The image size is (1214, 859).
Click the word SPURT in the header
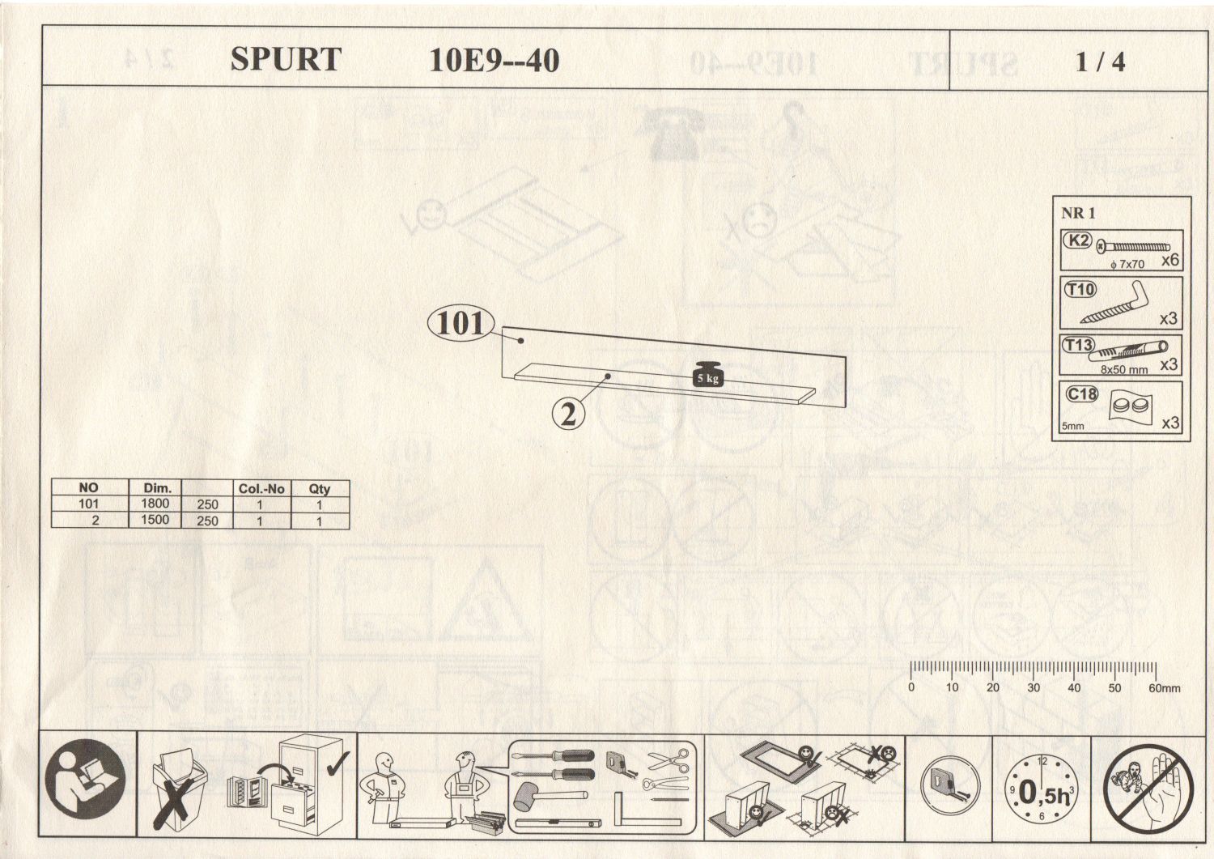286,59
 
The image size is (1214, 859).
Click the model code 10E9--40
494,61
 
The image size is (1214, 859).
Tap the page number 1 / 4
1100,62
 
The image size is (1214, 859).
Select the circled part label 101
460,324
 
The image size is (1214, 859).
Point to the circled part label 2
569,414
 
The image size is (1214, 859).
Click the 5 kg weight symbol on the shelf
707,373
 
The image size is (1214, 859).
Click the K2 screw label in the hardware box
1078,240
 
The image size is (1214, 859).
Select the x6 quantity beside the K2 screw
1169,261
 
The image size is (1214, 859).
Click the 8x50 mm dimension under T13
1123,369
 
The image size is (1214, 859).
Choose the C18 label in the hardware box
1081,394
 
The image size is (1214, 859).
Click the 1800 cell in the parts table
155,504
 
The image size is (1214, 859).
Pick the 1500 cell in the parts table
155,520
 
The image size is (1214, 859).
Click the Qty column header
319,488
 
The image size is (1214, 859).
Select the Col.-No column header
261,488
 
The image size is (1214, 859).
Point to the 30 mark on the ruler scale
1034,687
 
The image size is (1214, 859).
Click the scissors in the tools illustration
669,760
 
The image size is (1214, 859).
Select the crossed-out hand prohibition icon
1149,789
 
